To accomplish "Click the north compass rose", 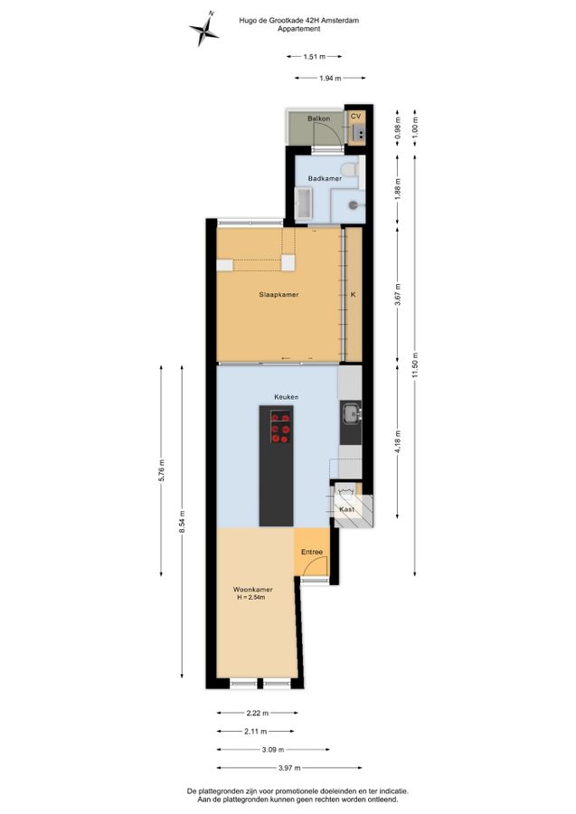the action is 203,29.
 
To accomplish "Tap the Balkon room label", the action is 318,118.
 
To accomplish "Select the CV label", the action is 355,117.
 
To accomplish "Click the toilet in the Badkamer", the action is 350,169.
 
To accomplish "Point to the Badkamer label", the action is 325,178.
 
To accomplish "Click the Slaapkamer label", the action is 279,294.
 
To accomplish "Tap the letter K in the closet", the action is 354,294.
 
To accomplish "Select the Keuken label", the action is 287,397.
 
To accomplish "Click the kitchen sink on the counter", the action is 352,413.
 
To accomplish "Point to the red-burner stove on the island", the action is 280,426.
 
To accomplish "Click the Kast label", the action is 347,509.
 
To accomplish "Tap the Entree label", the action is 312,552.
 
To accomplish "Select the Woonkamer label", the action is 252,590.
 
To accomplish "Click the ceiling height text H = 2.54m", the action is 251,598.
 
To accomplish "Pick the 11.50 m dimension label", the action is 415,366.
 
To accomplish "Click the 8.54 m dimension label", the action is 182,521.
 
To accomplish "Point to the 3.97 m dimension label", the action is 289,768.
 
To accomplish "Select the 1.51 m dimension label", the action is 315,57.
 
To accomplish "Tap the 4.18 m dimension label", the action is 398,442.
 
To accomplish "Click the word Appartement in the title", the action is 299,29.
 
